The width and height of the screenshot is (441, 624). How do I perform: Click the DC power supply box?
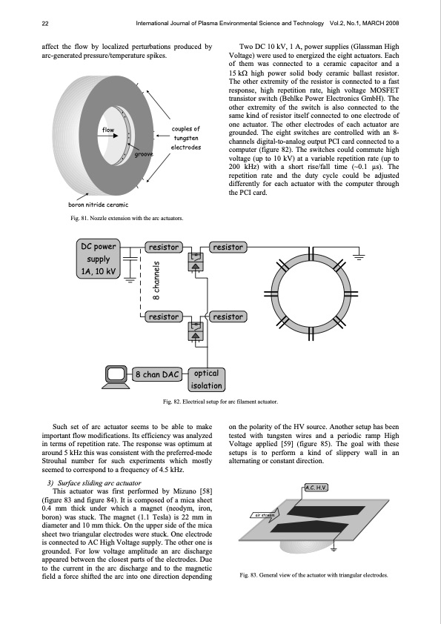(x=99, y=259)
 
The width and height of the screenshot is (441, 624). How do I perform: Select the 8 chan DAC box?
(x=156, y=374)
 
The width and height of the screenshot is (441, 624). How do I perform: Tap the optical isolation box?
(x=206, y=379)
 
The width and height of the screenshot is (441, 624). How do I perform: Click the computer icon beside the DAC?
(x=116, y=377)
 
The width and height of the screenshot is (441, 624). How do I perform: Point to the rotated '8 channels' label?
(x=156, y=280)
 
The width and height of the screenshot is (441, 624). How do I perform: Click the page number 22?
(x=45, y=24)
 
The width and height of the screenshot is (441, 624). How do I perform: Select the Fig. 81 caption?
(x=127, y=218)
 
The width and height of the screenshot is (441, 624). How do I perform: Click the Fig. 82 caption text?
(x=220, y=402)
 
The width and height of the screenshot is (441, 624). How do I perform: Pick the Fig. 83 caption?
(x=314, y=575)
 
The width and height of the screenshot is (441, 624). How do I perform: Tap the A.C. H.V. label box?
(x=316, y=488)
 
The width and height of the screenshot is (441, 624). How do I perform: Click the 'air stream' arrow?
(x=265, y=515)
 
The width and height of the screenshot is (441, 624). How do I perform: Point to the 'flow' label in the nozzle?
(x=108, y=130)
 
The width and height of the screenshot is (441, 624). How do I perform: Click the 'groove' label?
(x=144, y=154)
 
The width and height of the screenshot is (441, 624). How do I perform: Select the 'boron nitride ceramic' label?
(x=99, y=205)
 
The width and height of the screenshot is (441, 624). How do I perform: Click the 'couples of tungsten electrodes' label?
(x=186, y=138)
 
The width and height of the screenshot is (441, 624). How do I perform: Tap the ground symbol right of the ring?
(x=359, y=255)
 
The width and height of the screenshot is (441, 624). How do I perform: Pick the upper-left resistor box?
(x=164, y=247)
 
